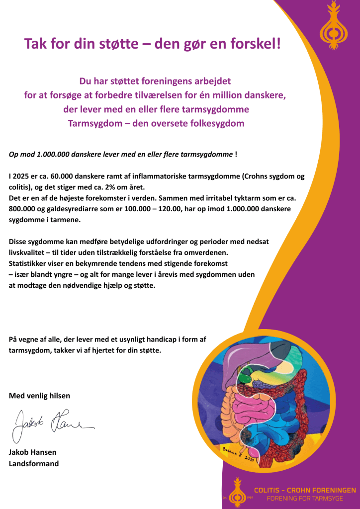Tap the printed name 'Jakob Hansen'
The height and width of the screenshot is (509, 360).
[x=32, y=453]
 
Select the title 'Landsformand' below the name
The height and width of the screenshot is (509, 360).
[x=34, y=463]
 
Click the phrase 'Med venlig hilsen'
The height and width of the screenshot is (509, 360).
[x=40, y=396]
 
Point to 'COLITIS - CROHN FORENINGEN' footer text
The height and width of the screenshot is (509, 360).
[x=305, y=490]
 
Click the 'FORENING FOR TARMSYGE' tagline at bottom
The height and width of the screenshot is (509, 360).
[x=305, y=498]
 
